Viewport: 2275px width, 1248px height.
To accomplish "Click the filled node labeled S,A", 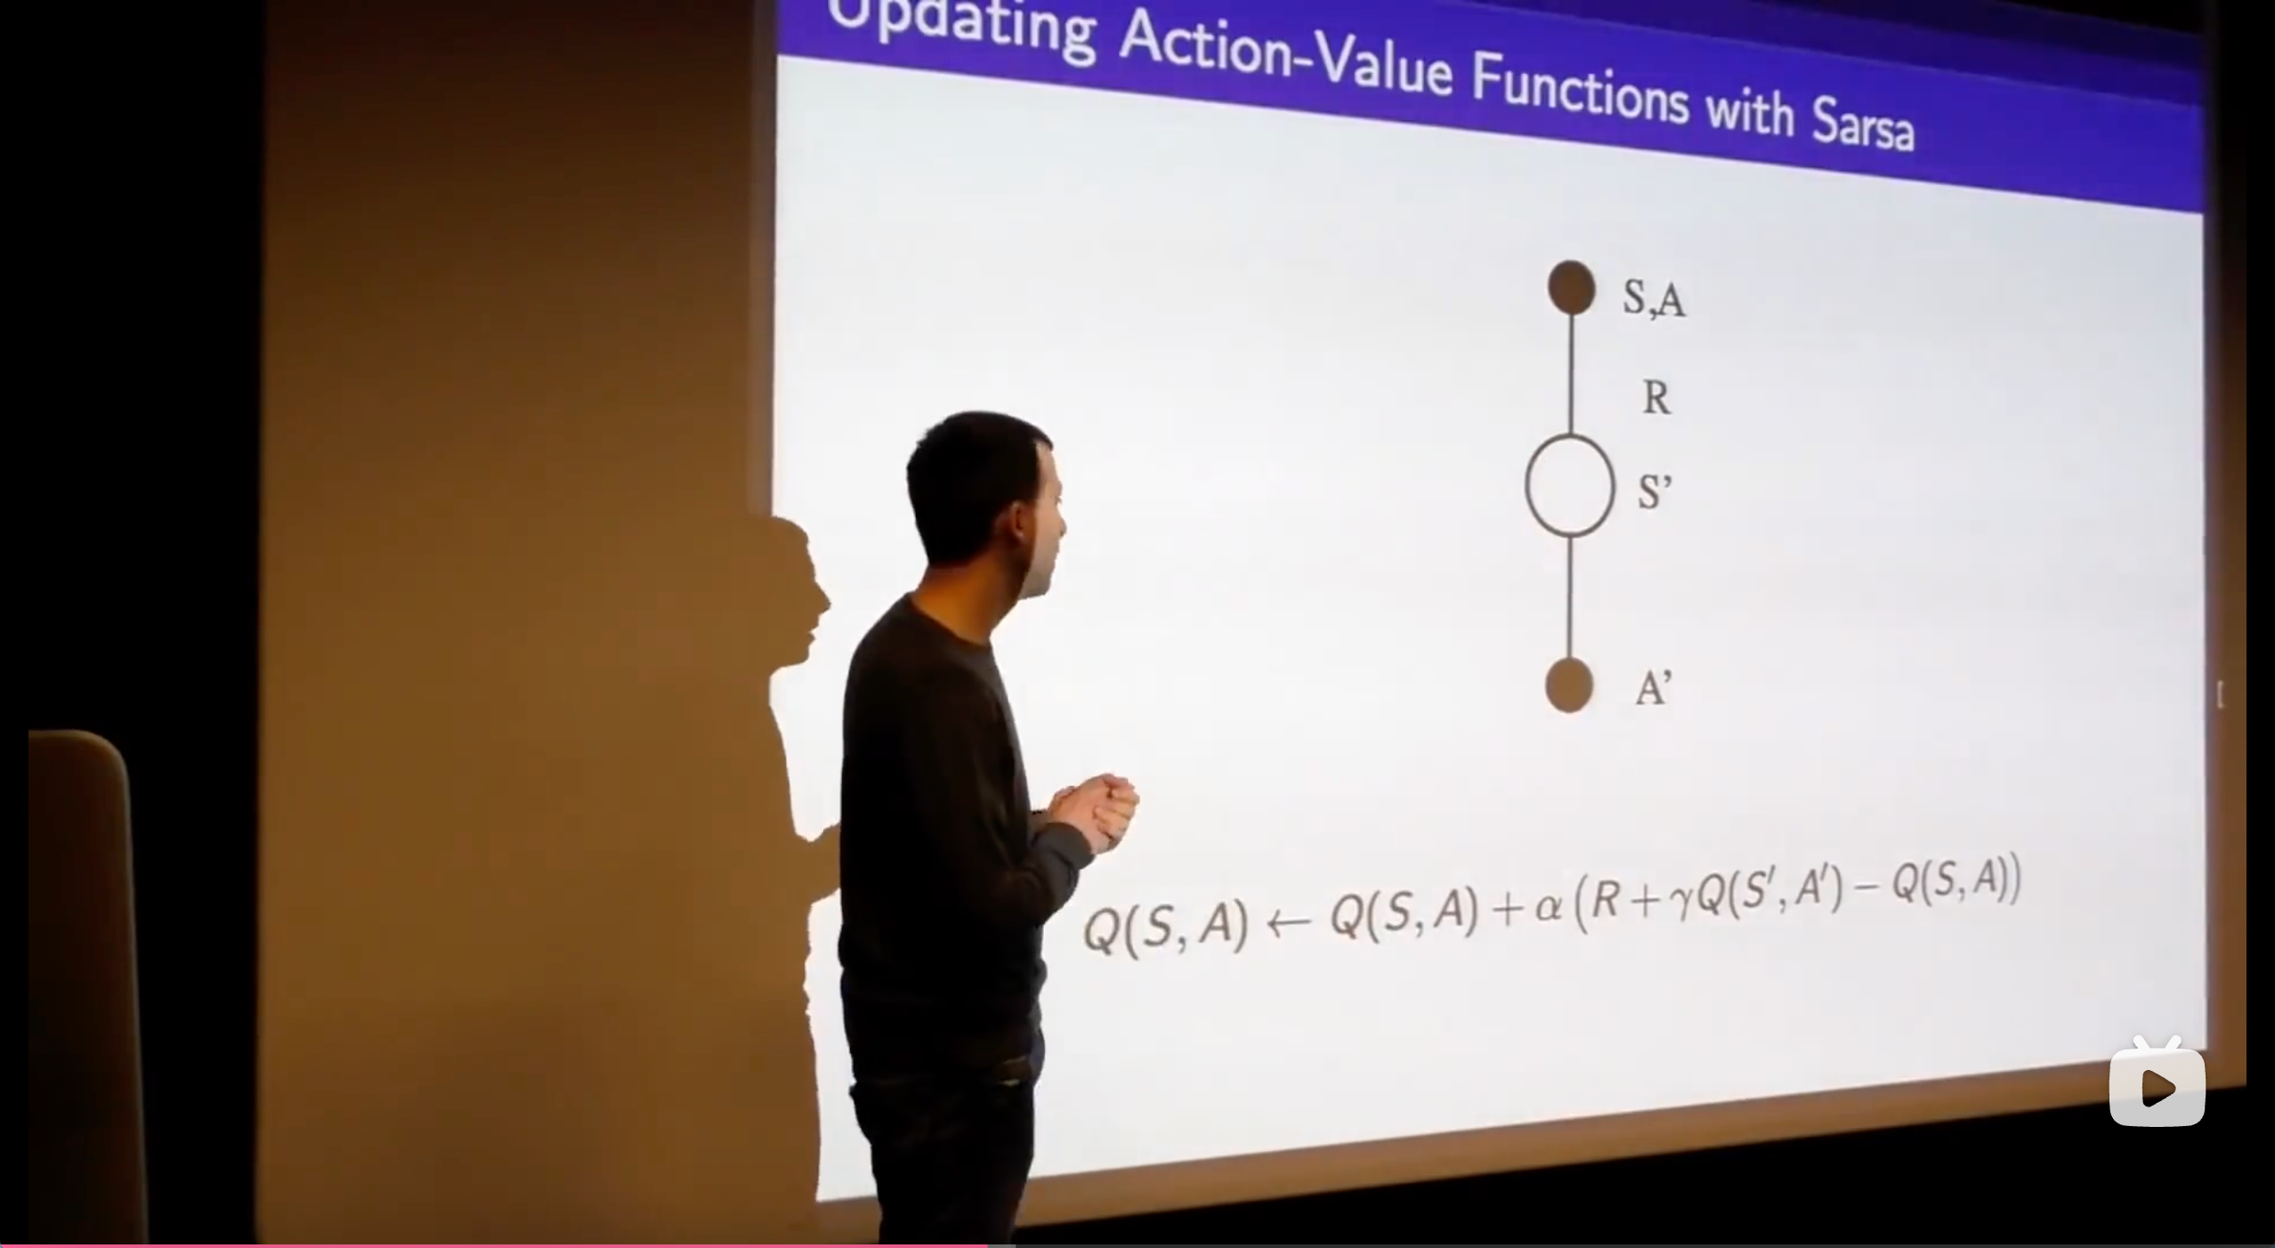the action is click(1571, 287).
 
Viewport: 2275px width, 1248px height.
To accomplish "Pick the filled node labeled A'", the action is click(1568, 685).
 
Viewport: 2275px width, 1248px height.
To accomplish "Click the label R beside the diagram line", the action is click(1656, 398).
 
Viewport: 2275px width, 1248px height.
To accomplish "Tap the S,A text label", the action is click(1653, 297).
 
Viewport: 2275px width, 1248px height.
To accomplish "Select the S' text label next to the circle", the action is click(1655, 492).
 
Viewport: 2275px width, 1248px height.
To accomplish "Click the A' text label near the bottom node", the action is click(1653, 688).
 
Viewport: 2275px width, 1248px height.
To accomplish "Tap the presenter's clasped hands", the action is click(1094, 810).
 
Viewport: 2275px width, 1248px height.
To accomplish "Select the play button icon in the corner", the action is click(2158, 1085).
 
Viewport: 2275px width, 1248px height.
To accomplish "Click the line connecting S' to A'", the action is click(1569, 597).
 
